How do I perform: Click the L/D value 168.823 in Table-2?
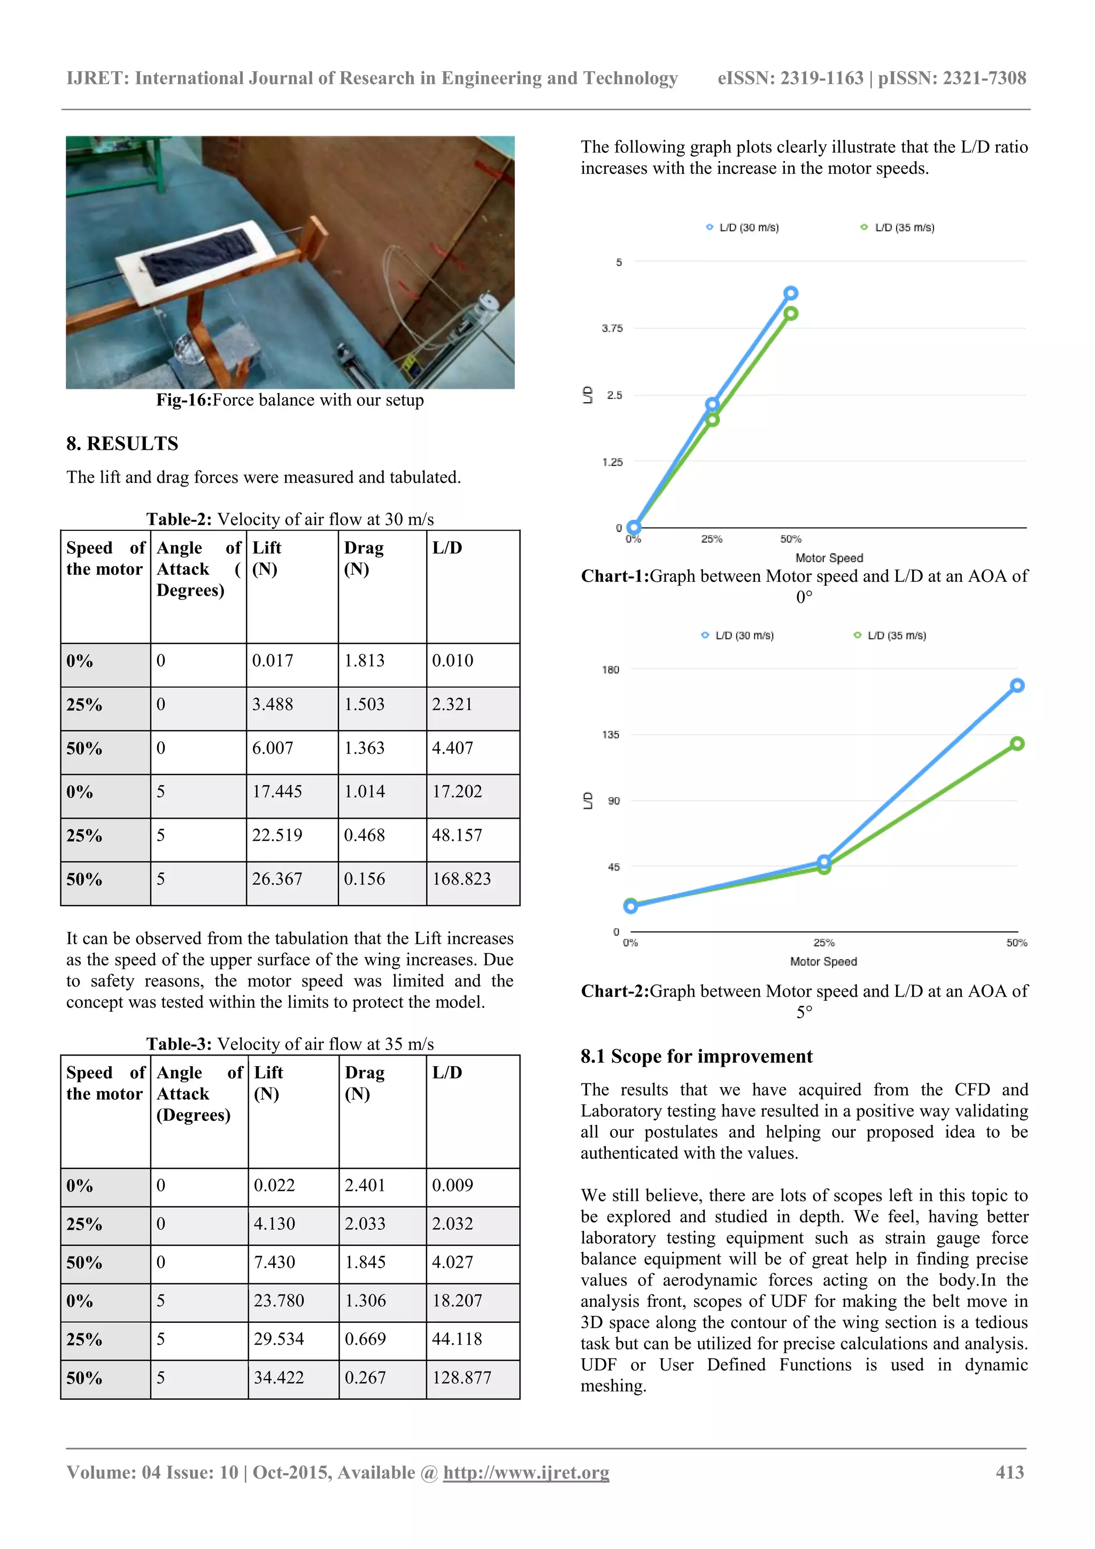click(461, 879)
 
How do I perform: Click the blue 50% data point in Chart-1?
click(791, 293)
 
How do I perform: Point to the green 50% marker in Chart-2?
click(1017, 743)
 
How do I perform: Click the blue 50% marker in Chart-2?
click(1017, 685)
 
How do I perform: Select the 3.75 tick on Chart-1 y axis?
click(612, 328)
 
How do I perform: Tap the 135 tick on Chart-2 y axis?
click(610, 735)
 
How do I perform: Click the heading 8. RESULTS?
click(122, 443)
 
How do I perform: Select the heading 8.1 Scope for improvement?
click(696, 1056)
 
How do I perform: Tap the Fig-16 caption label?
click(183, 400)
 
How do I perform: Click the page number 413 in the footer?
click(1009, 1472)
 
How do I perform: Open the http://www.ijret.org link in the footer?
click(526, 1472)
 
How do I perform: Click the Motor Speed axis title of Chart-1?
click(829, 558)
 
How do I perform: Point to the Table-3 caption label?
click(179, 1044)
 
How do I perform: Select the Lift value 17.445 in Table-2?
click(276, 791)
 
